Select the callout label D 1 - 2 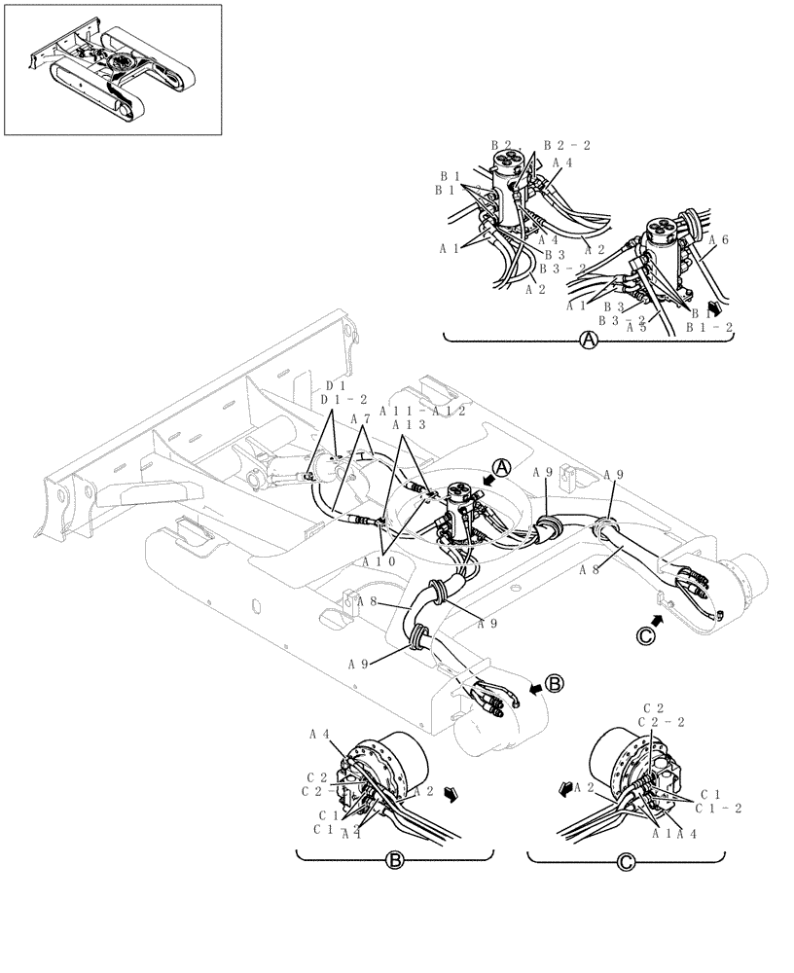tap(343, 399)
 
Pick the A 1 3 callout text tap(409, 425)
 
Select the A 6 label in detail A tap(718, 239)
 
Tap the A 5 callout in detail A tap(637, 327)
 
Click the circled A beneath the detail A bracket tap(588, 341)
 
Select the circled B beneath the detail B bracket tap(394, 861)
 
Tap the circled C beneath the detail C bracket tap(625, 861)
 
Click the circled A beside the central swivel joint tap(500, 468)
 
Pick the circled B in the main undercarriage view tap(553, 684)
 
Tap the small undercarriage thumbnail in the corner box tap(113, 70)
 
